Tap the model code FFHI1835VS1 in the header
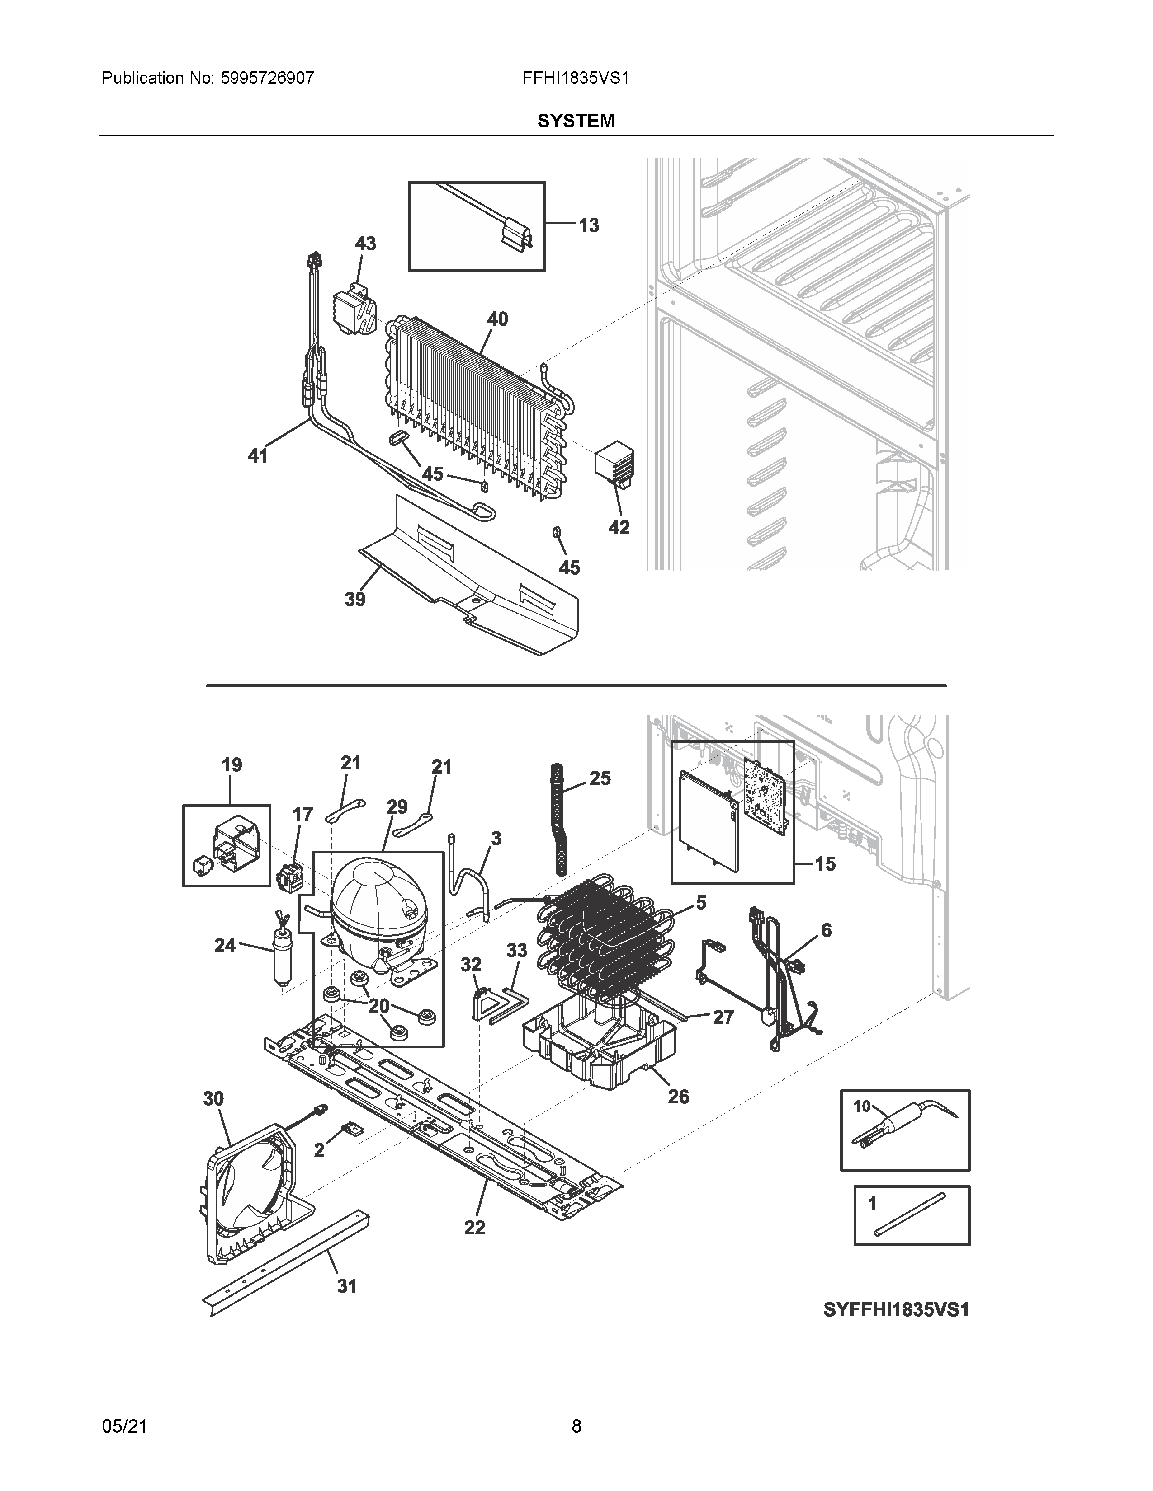(x=576, y=78)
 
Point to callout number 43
(x=365, y=243)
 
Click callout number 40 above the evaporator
(x=497, y=319)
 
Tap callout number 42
(x=619, y=527)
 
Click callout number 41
(x=258, y=455)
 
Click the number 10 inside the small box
(x=862, y=1106)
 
